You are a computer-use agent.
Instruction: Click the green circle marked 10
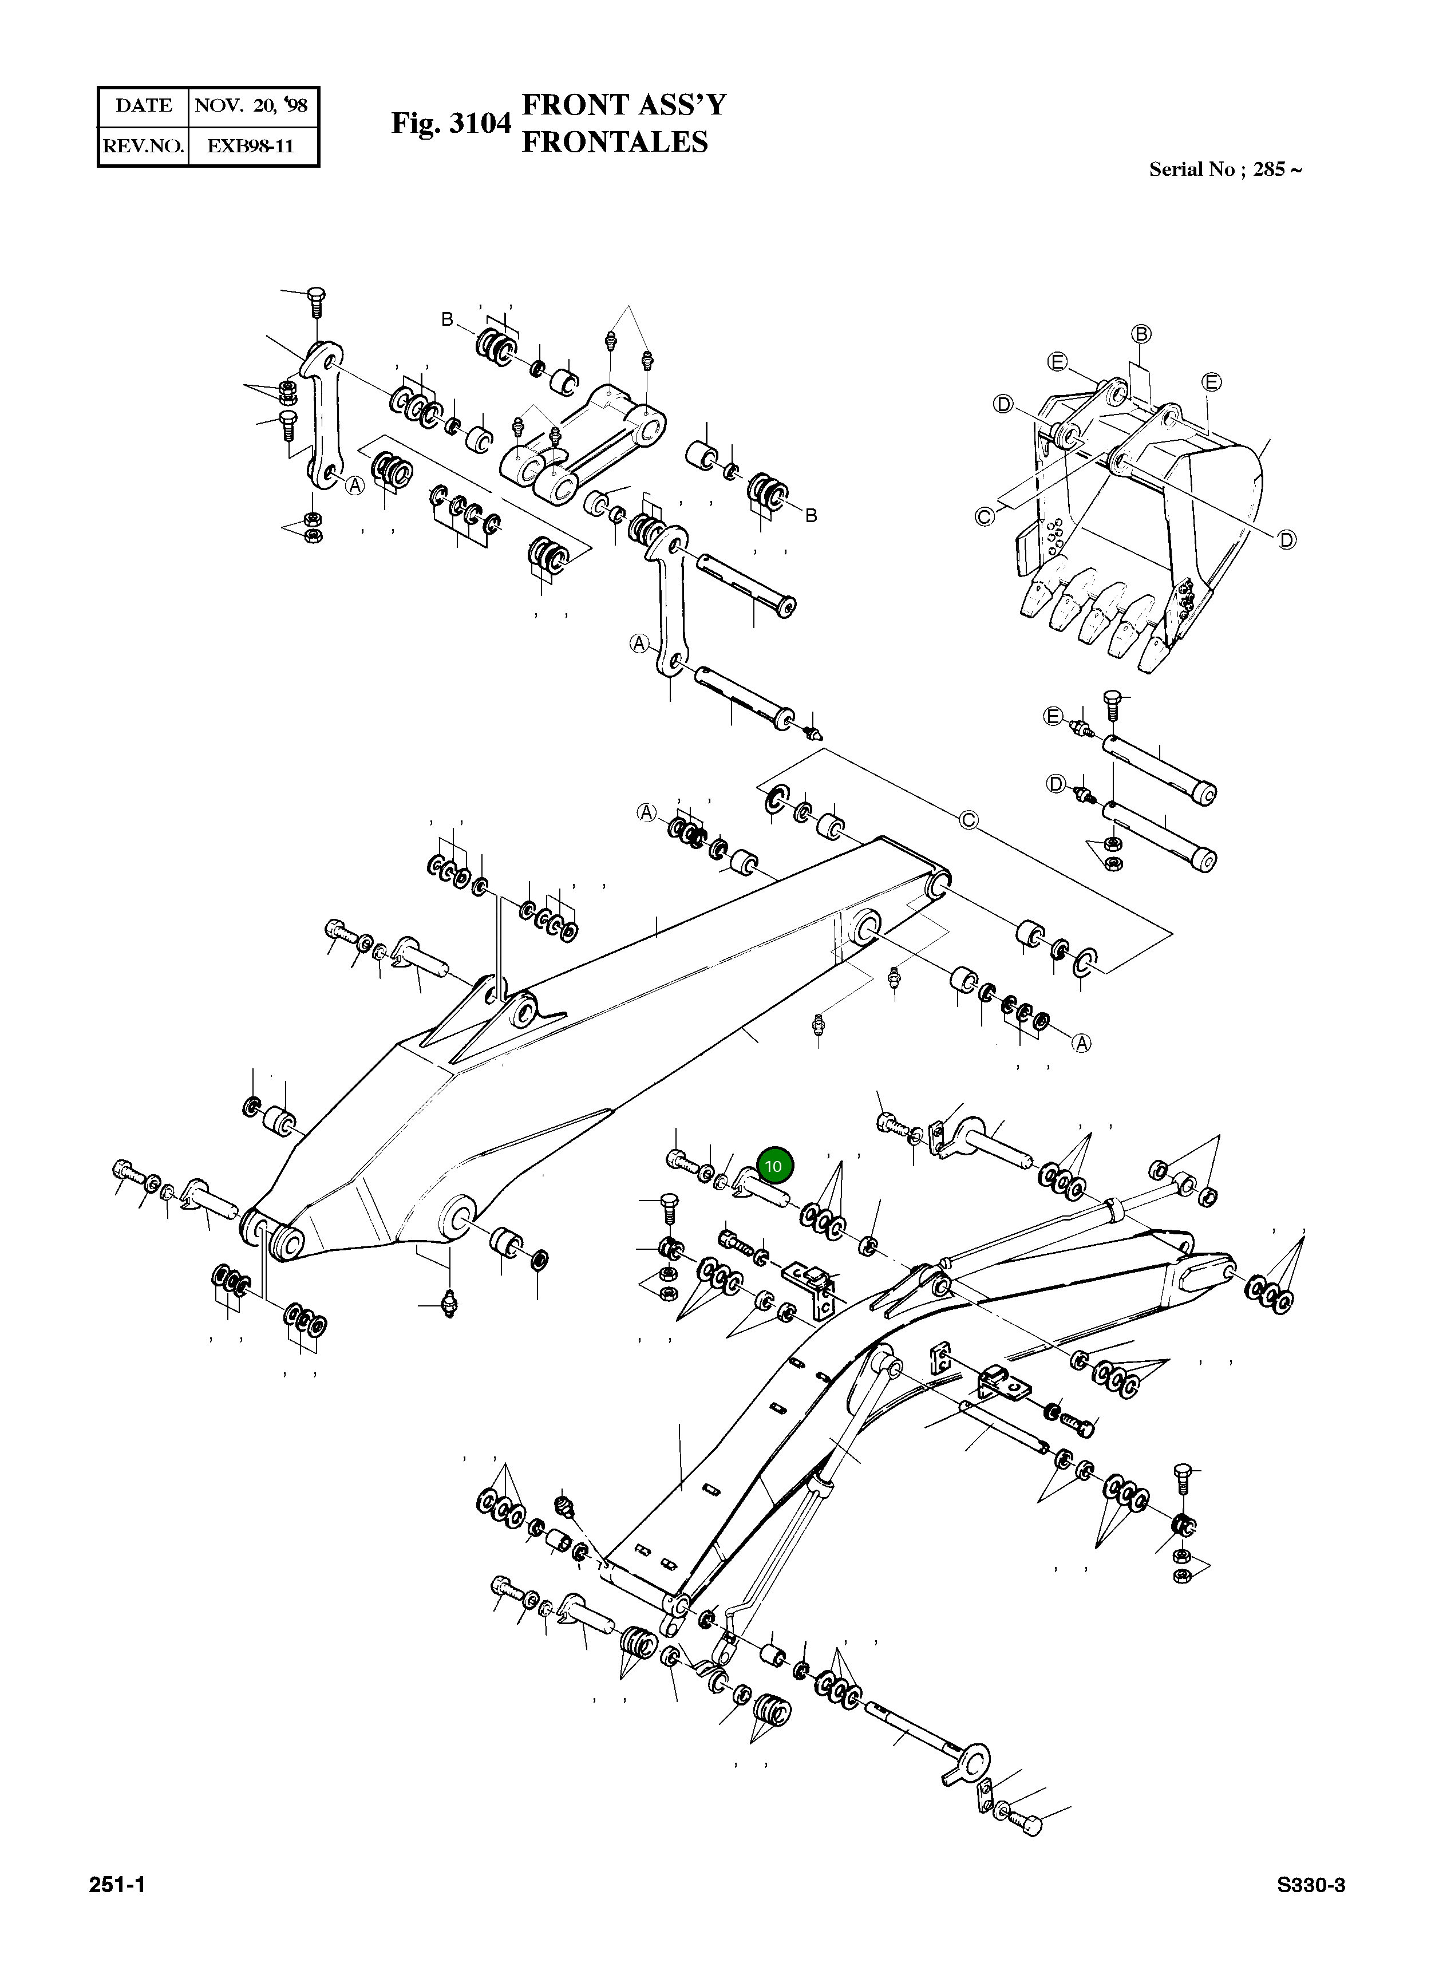click(773, 1165)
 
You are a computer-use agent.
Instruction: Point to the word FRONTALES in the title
click(614, 142)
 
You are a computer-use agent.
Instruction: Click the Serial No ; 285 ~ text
click(1224, 169)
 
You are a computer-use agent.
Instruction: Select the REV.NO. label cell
click(143, 145)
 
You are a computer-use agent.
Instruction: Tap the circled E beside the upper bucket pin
click(1053, 717)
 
